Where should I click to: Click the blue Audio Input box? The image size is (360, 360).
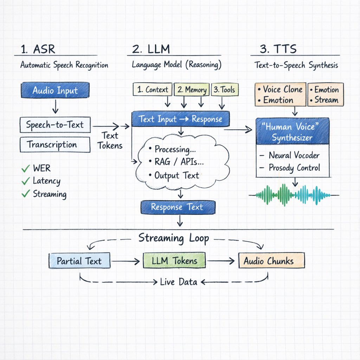[x=55, y=90]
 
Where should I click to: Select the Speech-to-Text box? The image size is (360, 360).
[x=55, y=125]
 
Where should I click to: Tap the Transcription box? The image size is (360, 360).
[x=55, y=144]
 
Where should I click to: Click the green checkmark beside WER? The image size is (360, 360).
[x=25, y=169]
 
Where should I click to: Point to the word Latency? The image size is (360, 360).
[x=46, y=181]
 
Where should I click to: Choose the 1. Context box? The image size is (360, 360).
[x=152, y=90]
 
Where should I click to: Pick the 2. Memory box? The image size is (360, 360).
[x=192, y=90]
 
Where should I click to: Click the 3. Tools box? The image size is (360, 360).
[x=225, y=90]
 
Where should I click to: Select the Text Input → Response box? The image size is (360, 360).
[x=180, y=119]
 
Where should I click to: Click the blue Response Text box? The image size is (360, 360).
[x=178, y=207]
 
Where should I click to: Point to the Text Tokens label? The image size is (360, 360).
[x=110, y=141]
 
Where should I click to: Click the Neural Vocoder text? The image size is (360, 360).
[x=294, y=155]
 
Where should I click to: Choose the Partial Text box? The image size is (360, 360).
[x=79, y=261]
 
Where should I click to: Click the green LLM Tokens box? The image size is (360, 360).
[x=174, y=261]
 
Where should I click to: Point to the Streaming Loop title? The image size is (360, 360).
[x=174, y=238]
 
